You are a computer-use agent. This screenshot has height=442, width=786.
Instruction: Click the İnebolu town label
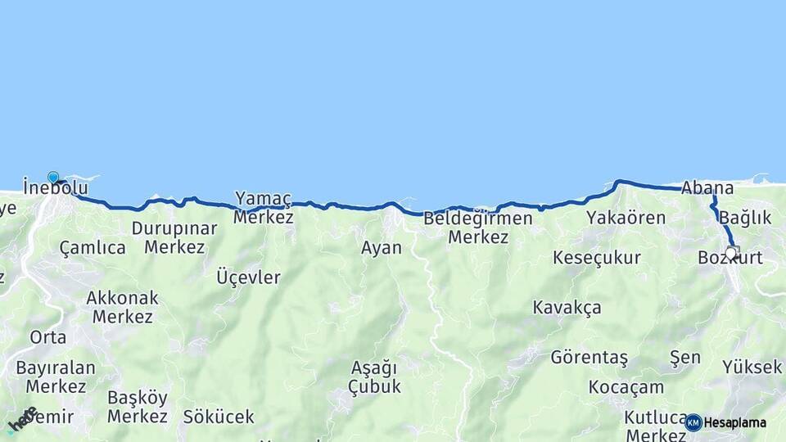(56, 188)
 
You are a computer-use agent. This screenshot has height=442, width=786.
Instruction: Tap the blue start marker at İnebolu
(53, 178)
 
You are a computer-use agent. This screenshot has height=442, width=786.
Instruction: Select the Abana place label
(707, 188)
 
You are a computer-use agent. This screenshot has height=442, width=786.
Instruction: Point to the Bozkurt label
(730, 258)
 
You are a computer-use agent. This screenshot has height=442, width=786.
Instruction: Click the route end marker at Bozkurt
(733, 252)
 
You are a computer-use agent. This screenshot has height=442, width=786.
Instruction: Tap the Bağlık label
(746, 218)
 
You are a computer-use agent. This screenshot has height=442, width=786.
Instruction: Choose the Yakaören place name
(626, 218)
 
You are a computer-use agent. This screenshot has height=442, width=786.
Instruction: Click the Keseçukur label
(597, 258)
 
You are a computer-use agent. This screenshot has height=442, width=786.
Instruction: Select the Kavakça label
(567, 308)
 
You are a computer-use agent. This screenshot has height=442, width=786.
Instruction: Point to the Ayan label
(382, 247)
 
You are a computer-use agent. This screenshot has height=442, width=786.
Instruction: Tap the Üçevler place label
(248, 277)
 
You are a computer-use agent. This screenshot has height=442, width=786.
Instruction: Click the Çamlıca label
(93, 247)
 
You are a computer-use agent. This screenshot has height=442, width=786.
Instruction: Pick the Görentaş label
(589, 358)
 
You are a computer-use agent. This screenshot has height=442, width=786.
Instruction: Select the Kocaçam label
(626, 387)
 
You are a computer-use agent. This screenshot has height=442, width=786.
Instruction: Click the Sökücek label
(219, 417)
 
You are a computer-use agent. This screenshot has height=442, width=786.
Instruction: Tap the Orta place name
(47, 337)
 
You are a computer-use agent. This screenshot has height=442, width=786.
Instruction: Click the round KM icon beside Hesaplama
(693, 422)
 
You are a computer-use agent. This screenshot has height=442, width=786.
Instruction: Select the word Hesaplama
(735, 423)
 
